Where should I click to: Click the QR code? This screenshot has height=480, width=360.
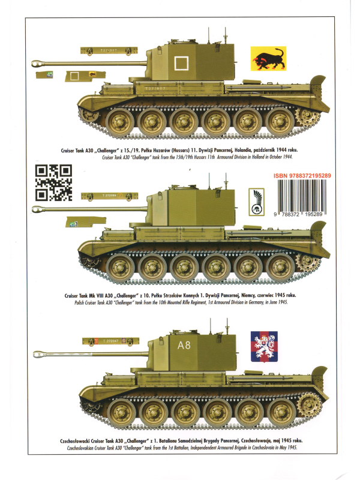point(53,182)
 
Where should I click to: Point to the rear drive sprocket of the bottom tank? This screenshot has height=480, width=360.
point(310,405)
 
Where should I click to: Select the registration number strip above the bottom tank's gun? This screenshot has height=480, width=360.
point(109,340)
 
